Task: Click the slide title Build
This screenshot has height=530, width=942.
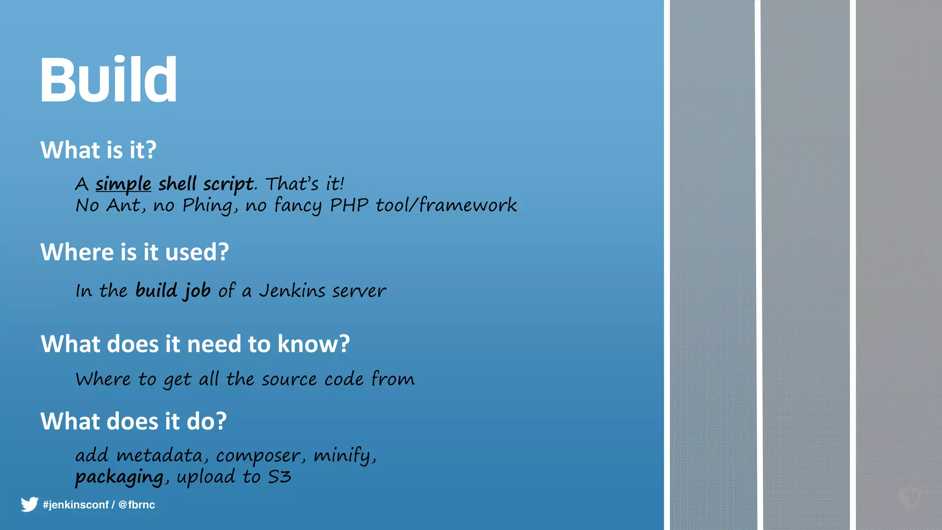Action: click(x=109, y=80)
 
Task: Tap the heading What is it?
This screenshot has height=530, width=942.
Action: click(x=98, y=150)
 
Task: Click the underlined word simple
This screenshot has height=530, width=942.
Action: click(x=123, y=184)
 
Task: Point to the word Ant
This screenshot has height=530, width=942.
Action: click(x=125, y=205)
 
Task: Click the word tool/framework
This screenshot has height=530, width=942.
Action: click(x=446, y=205)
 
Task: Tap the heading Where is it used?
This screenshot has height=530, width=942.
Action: click(x=134, y=252)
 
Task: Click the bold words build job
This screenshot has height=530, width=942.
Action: click(x=173, y=291)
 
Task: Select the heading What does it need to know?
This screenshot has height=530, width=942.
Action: click(x=195, y=344)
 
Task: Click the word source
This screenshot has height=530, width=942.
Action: click(x=289, y=380)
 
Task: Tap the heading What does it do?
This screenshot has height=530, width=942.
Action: click(x=133, y=421)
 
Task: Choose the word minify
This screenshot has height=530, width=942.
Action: click(x=344, y=455)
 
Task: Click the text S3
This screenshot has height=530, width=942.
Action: click(x=279, y=477)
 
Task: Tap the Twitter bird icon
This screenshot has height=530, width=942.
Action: click(x=29, y=504)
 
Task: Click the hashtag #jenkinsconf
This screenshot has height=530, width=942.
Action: click(x=75, y=505)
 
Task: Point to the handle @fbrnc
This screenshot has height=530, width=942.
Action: click(x=137, y=505)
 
